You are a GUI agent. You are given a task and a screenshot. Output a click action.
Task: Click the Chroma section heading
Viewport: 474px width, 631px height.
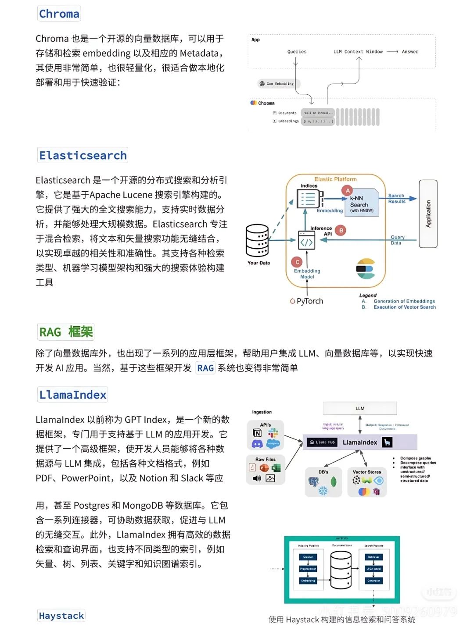point(59,14)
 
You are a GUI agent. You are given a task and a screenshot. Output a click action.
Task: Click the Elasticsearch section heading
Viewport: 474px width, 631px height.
point(83,156)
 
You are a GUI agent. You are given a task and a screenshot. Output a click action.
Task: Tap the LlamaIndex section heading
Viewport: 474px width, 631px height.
point(73,395)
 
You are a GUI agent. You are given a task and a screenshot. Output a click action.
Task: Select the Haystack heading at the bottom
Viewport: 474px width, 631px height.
point(61,616)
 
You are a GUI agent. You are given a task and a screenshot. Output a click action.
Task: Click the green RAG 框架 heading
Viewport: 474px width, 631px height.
point(66,332)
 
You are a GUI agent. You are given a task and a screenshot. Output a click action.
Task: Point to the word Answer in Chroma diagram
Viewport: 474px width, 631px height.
point(410,52)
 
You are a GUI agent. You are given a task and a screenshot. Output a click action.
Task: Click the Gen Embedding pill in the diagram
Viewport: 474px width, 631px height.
point(277,84)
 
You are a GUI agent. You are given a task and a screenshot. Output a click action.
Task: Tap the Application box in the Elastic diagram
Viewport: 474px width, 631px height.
point(428,214)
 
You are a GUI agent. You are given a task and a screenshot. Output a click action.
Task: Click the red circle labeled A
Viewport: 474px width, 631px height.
point(348,190)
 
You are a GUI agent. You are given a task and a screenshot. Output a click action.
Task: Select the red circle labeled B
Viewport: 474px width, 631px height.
point(341,230)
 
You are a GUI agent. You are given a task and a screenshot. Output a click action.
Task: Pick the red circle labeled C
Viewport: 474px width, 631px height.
point(297,262)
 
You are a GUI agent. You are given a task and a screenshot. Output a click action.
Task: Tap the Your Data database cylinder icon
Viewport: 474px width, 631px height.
point(257,241)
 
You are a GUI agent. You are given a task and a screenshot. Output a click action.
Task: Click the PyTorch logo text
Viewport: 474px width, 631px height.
point(307,301)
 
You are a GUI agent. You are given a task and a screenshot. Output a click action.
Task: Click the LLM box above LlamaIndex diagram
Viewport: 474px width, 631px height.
point(360,409)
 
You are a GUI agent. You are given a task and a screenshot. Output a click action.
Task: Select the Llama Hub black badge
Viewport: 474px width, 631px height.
point(323,442)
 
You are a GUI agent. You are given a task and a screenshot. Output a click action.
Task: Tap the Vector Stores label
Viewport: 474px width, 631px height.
point(367,472)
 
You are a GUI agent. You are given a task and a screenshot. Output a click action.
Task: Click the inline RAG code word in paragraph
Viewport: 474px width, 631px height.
point(205,368)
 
